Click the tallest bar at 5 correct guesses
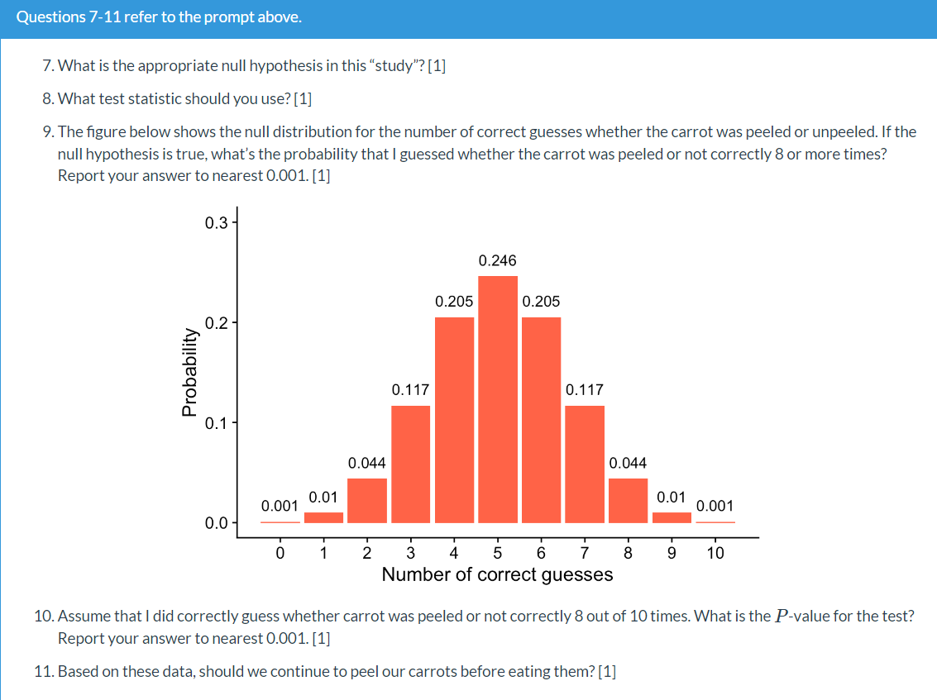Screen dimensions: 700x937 click(x=497, y=399)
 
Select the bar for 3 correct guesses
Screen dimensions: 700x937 click(x=410, y=464)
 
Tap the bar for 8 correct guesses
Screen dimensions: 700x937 click(x=628, y=500)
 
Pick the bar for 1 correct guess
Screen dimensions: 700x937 click(x=323, y=517)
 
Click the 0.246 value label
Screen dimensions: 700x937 click(x=497, y=260)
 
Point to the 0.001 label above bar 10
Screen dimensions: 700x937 click(x=715, y=505)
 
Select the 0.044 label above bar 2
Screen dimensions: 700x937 click(x=366, y=463)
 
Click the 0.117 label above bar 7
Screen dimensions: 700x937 click(x=585, y=389)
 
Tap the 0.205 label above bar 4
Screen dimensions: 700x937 click(x=454, y=302)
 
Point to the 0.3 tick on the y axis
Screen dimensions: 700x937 click(x=214, y=222)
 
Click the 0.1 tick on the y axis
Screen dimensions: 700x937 click(x=214, y=423)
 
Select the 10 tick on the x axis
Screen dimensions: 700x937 click(x=715, y=553)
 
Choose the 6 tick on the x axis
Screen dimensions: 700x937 click(x=541, y=553)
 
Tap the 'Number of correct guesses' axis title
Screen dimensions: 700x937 click(x=497, y=574)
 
